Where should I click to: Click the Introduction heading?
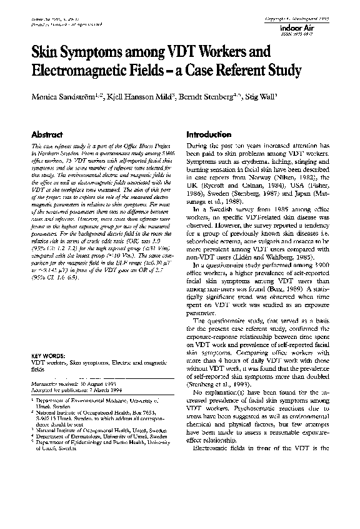coord(209,134)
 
